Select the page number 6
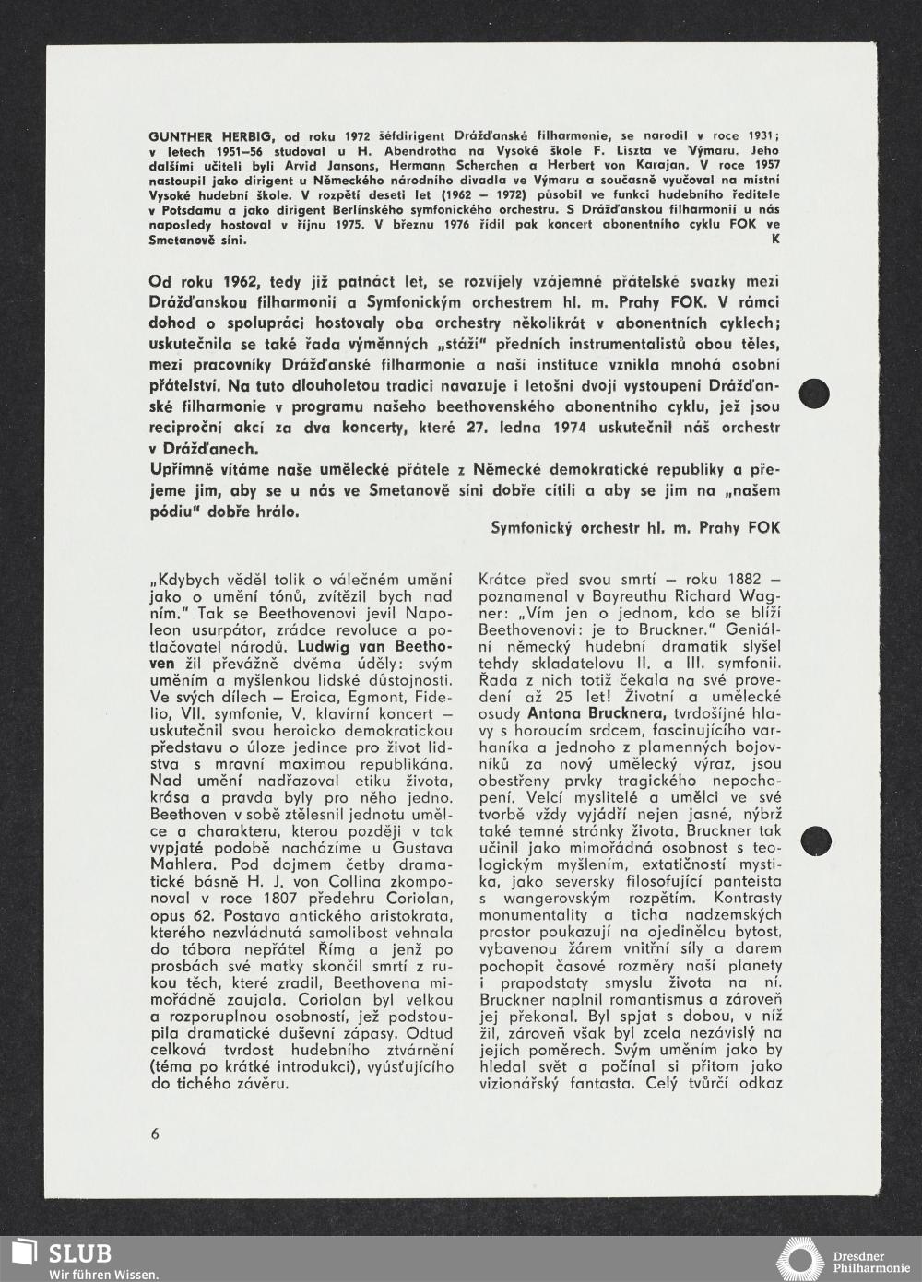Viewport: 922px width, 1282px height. pyautogui.click(x=154, y=1134)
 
